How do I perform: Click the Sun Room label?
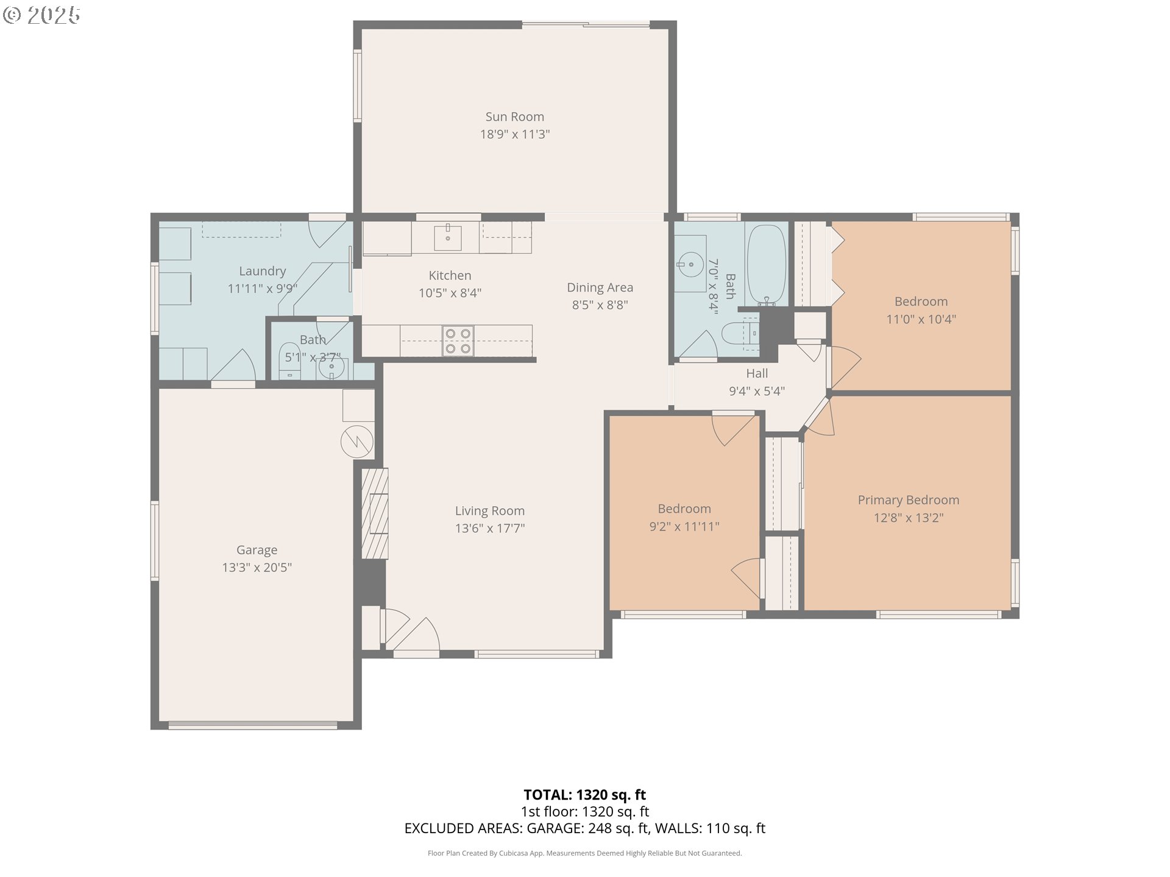point(514,116)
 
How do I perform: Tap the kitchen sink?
point(447,237)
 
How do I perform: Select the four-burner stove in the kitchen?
point(458,341)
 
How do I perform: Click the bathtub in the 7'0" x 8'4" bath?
point(766,264)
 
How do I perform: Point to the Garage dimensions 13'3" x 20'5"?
point(257,568)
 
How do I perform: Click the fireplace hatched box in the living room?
point(375,513)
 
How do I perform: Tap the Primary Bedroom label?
point(908,500)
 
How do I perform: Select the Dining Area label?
point(600,287)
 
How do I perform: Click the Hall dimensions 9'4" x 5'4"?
point(756,391)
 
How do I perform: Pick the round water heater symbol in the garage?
point(357,442)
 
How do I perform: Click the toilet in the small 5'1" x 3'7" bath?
point(289,359)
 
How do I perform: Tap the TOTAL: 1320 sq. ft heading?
point(584,795)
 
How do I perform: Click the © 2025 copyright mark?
point(41,15)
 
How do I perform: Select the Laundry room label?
point(262,271)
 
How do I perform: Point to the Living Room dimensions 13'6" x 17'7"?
point(489,528)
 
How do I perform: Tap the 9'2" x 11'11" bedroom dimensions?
point(684,526)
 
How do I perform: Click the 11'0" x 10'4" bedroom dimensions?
point(921,319)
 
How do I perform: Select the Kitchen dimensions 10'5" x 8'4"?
point(450,293)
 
